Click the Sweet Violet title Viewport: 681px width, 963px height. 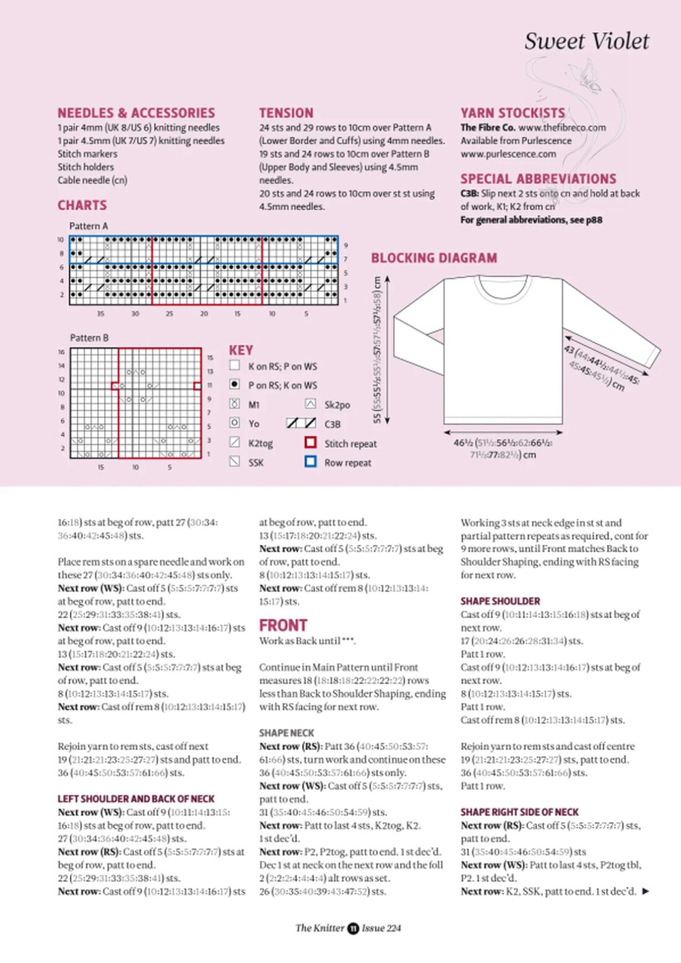(586, 41)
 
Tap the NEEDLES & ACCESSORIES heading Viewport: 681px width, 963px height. (136, 113)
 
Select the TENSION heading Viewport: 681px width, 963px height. (286, 113)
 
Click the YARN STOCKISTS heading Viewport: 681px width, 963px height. (513, 113)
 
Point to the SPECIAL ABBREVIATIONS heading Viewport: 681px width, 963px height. (538, 179)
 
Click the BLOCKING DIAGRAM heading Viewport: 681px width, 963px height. (434, 258)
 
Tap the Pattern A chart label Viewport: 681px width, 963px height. (89, 226)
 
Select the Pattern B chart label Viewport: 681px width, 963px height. (89, 338)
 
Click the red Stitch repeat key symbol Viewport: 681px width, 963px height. (311, 443)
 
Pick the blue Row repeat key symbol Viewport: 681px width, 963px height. (311, 461)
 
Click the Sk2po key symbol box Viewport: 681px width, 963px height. (311, 404)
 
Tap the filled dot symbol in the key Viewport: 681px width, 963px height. (235, 385)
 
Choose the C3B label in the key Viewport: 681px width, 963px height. (332, 424)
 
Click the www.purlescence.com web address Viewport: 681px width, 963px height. (508, 154)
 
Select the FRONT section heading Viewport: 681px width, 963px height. (283, 625)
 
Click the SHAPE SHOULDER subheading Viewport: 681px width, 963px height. (500, 601)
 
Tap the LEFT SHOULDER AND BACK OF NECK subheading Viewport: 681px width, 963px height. (136, 799)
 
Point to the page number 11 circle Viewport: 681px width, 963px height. (353, 928)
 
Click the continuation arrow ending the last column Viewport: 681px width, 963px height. (646, 891)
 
